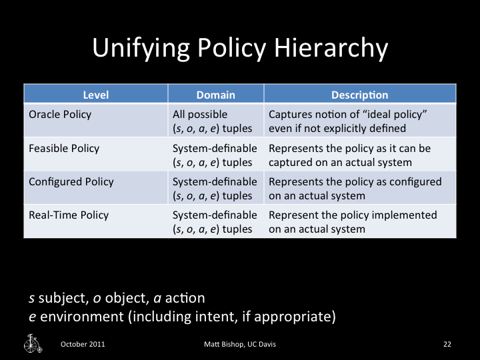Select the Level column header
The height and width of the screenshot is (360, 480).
point(95,95)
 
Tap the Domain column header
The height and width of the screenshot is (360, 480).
point(215,95)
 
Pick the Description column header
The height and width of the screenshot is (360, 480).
point(360,95)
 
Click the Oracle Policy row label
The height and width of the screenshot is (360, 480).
point(60,114)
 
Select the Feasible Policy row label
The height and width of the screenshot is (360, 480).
point(65,148)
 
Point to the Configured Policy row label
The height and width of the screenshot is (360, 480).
point(71,181)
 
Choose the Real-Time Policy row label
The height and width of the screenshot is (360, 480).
point(69,215)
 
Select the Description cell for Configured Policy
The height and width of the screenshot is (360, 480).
point(355,188)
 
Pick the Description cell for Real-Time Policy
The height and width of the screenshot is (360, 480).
point(353,221)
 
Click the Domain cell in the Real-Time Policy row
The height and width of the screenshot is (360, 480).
point(215,221)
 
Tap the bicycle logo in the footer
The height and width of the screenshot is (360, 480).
point(32,343)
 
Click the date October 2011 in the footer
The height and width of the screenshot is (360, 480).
point(83,344)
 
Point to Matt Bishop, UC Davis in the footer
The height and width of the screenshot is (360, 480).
point(240,344)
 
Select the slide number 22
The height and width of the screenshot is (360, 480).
point(447,344)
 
